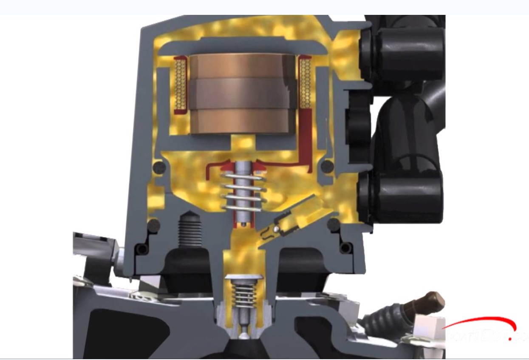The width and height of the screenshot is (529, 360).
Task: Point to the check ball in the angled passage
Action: (277, 230)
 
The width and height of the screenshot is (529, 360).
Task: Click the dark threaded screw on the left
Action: (190, 229)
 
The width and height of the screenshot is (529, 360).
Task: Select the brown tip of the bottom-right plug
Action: (433, 302)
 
